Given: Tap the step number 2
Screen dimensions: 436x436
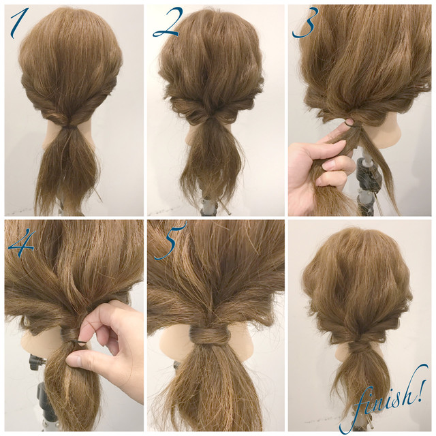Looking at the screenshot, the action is tap(166, 23).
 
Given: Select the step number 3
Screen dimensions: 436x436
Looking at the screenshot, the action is tap(305, 22).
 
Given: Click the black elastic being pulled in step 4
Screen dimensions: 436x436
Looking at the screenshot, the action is tap(80, 342).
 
